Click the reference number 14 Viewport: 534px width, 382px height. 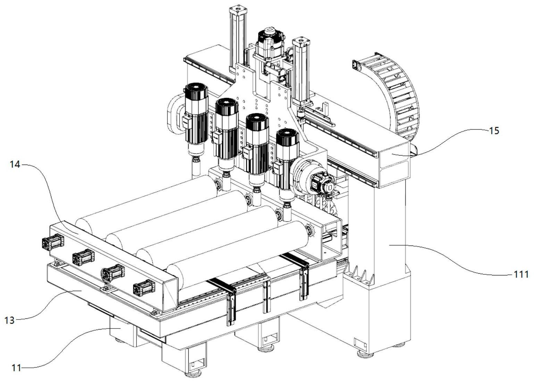tap(15, 165)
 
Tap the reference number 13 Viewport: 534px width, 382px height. tap(9, 319)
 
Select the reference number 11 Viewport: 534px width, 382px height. tap(16, 368)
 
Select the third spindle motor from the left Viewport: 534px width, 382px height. tap(257, 142)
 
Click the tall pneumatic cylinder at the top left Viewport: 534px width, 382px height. tap(237, 38)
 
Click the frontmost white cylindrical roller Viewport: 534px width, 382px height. tap(240, 250)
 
